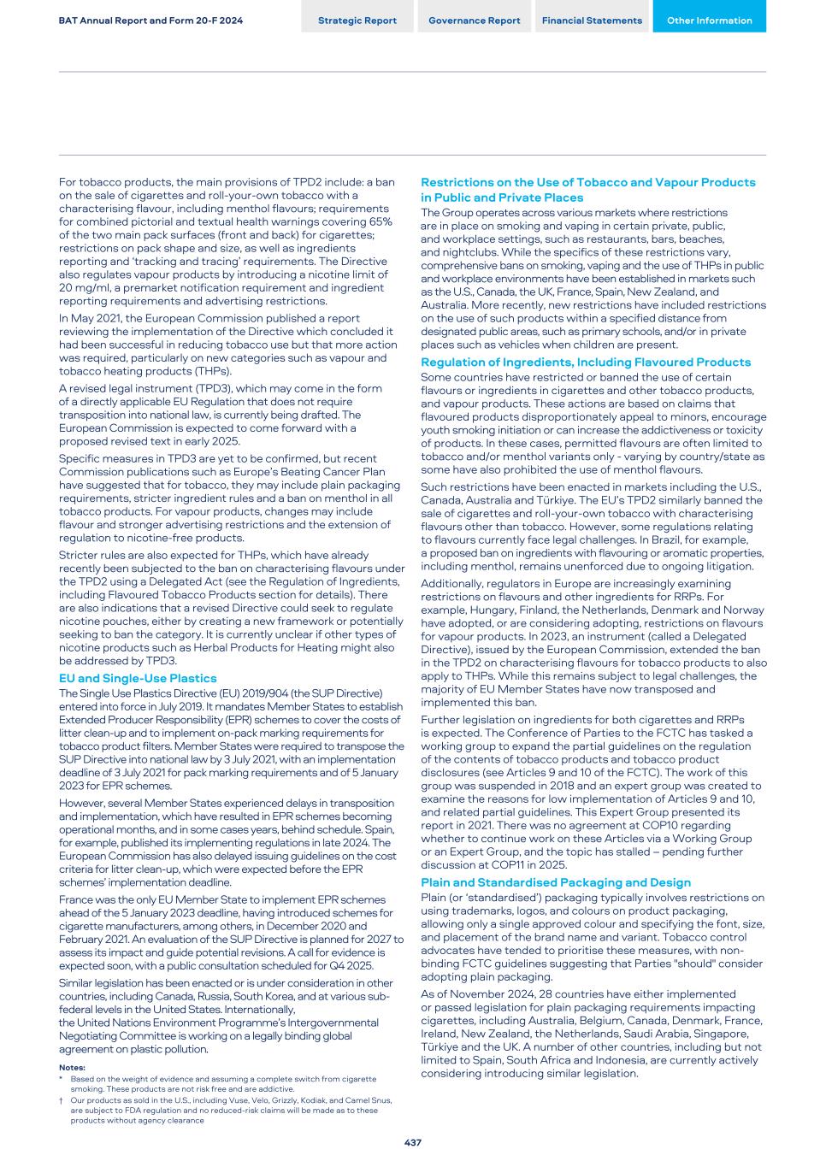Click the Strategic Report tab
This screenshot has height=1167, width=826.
(x=357, y=21)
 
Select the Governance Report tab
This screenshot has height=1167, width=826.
(x=474, y=21)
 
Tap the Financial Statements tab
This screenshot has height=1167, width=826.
(x=592, y=21)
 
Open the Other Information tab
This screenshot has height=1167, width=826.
(x=709, y=21)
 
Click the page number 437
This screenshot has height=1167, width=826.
(x=413, y=1142)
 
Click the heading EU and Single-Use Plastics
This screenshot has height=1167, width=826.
(x=138, y=678)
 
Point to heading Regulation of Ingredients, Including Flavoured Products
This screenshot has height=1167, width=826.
(x=586, y=362)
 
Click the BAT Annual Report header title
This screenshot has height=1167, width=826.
(x=150, y=21)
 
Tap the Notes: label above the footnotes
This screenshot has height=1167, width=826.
(x=72, y=1068)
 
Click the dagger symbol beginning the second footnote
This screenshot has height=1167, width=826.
(x=62, y=1100)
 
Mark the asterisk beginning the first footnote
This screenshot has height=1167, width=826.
(x=62, y=1079)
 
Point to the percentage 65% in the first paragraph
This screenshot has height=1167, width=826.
(x=381, y=221)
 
